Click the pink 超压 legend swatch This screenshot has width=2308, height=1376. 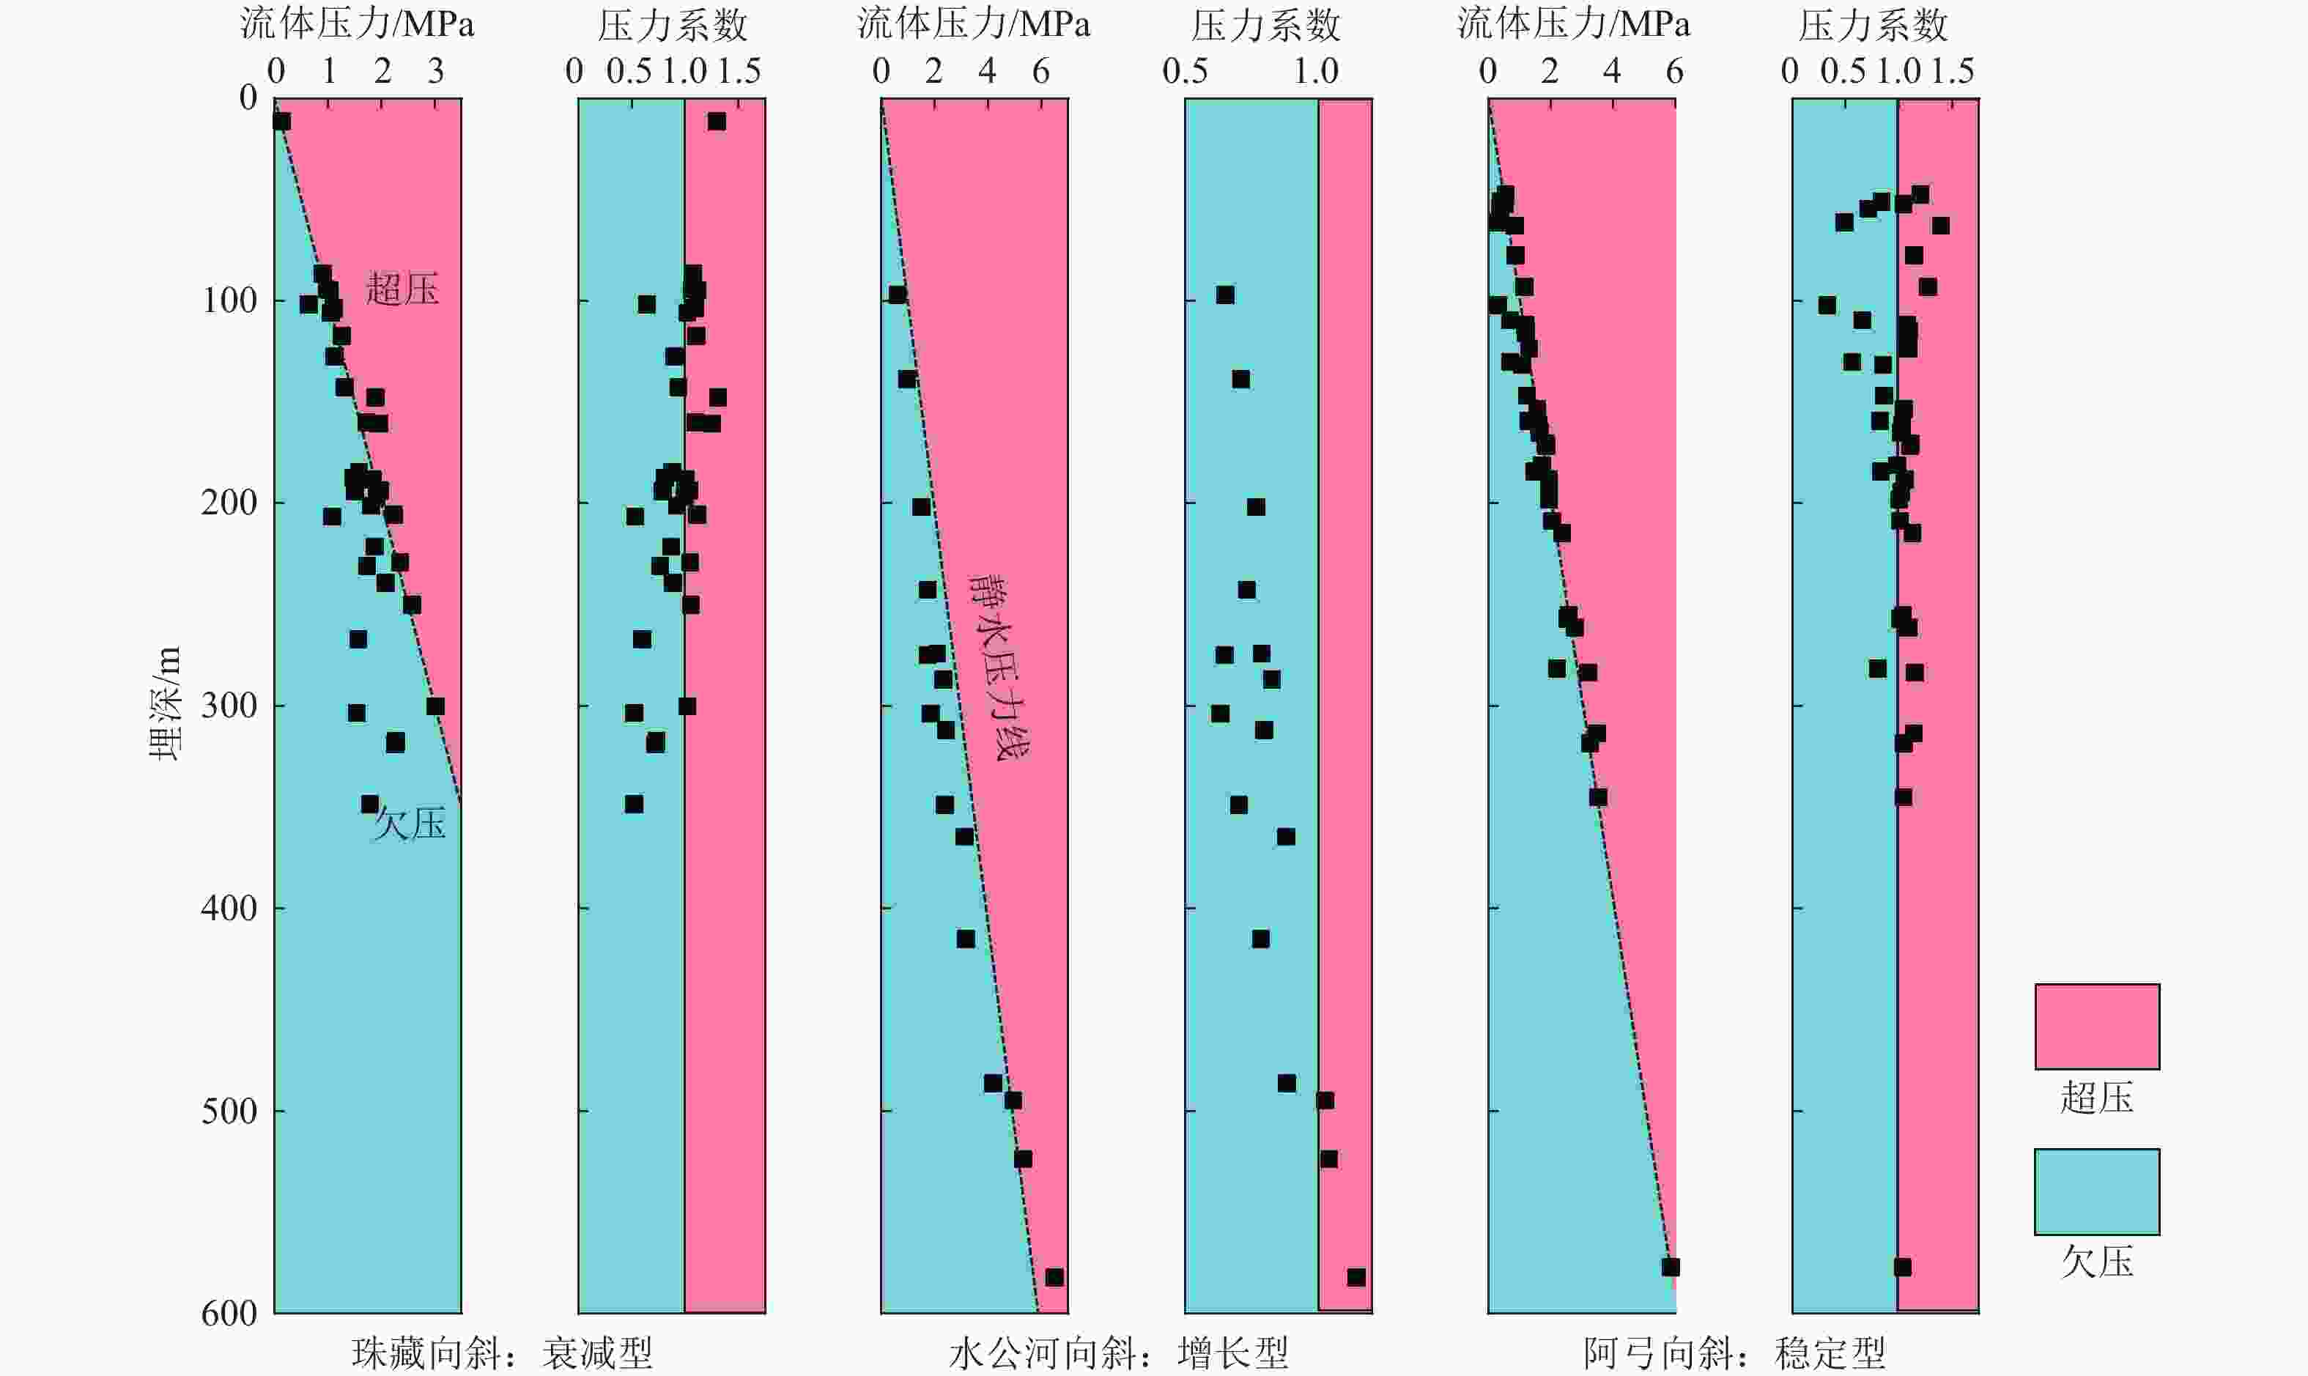[2096, 1027]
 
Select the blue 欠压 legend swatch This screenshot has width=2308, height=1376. [2096, 1191]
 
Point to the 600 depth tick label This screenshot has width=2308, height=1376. [229, 1314]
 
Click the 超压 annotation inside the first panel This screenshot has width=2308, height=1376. [402, 289]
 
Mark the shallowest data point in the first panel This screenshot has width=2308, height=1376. [282, 122]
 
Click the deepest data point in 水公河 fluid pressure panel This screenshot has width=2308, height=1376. [1054, 1278]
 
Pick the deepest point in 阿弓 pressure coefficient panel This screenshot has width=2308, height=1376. [1902, 1268]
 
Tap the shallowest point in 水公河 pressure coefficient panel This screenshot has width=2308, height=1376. [1225, 295]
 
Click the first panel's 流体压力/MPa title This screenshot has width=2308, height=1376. [357, 25]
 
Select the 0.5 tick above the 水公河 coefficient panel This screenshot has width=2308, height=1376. [1185, 71]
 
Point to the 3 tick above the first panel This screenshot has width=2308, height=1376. [436, 71]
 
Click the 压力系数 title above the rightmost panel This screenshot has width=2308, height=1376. [1873, 25]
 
